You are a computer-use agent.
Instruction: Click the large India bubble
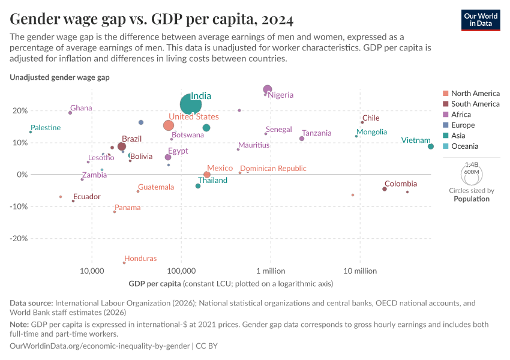(191, 106)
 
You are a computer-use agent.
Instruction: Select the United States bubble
(169, 125)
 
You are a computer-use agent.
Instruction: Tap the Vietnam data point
(431, 146)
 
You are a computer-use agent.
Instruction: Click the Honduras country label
(140, 259)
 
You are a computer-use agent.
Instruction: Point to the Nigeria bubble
(268, 89)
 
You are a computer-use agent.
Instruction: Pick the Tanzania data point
(302, 139)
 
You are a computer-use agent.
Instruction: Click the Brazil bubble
(122, 146)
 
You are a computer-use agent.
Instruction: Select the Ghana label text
(81, 108)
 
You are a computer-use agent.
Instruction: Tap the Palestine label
(46, 128)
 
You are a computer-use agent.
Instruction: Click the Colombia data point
(385, 189)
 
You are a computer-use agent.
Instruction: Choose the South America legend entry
(475, 104)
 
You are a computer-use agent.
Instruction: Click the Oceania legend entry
(464, 146)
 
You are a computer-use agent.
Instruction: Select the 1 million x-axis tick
(271, 271)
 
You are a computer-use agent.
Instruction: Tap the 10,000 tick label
(92, 271)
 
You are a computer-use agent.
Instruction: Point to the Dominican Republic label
(273, 169)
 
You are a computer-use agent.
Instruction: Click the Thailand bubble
(198, 186)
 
